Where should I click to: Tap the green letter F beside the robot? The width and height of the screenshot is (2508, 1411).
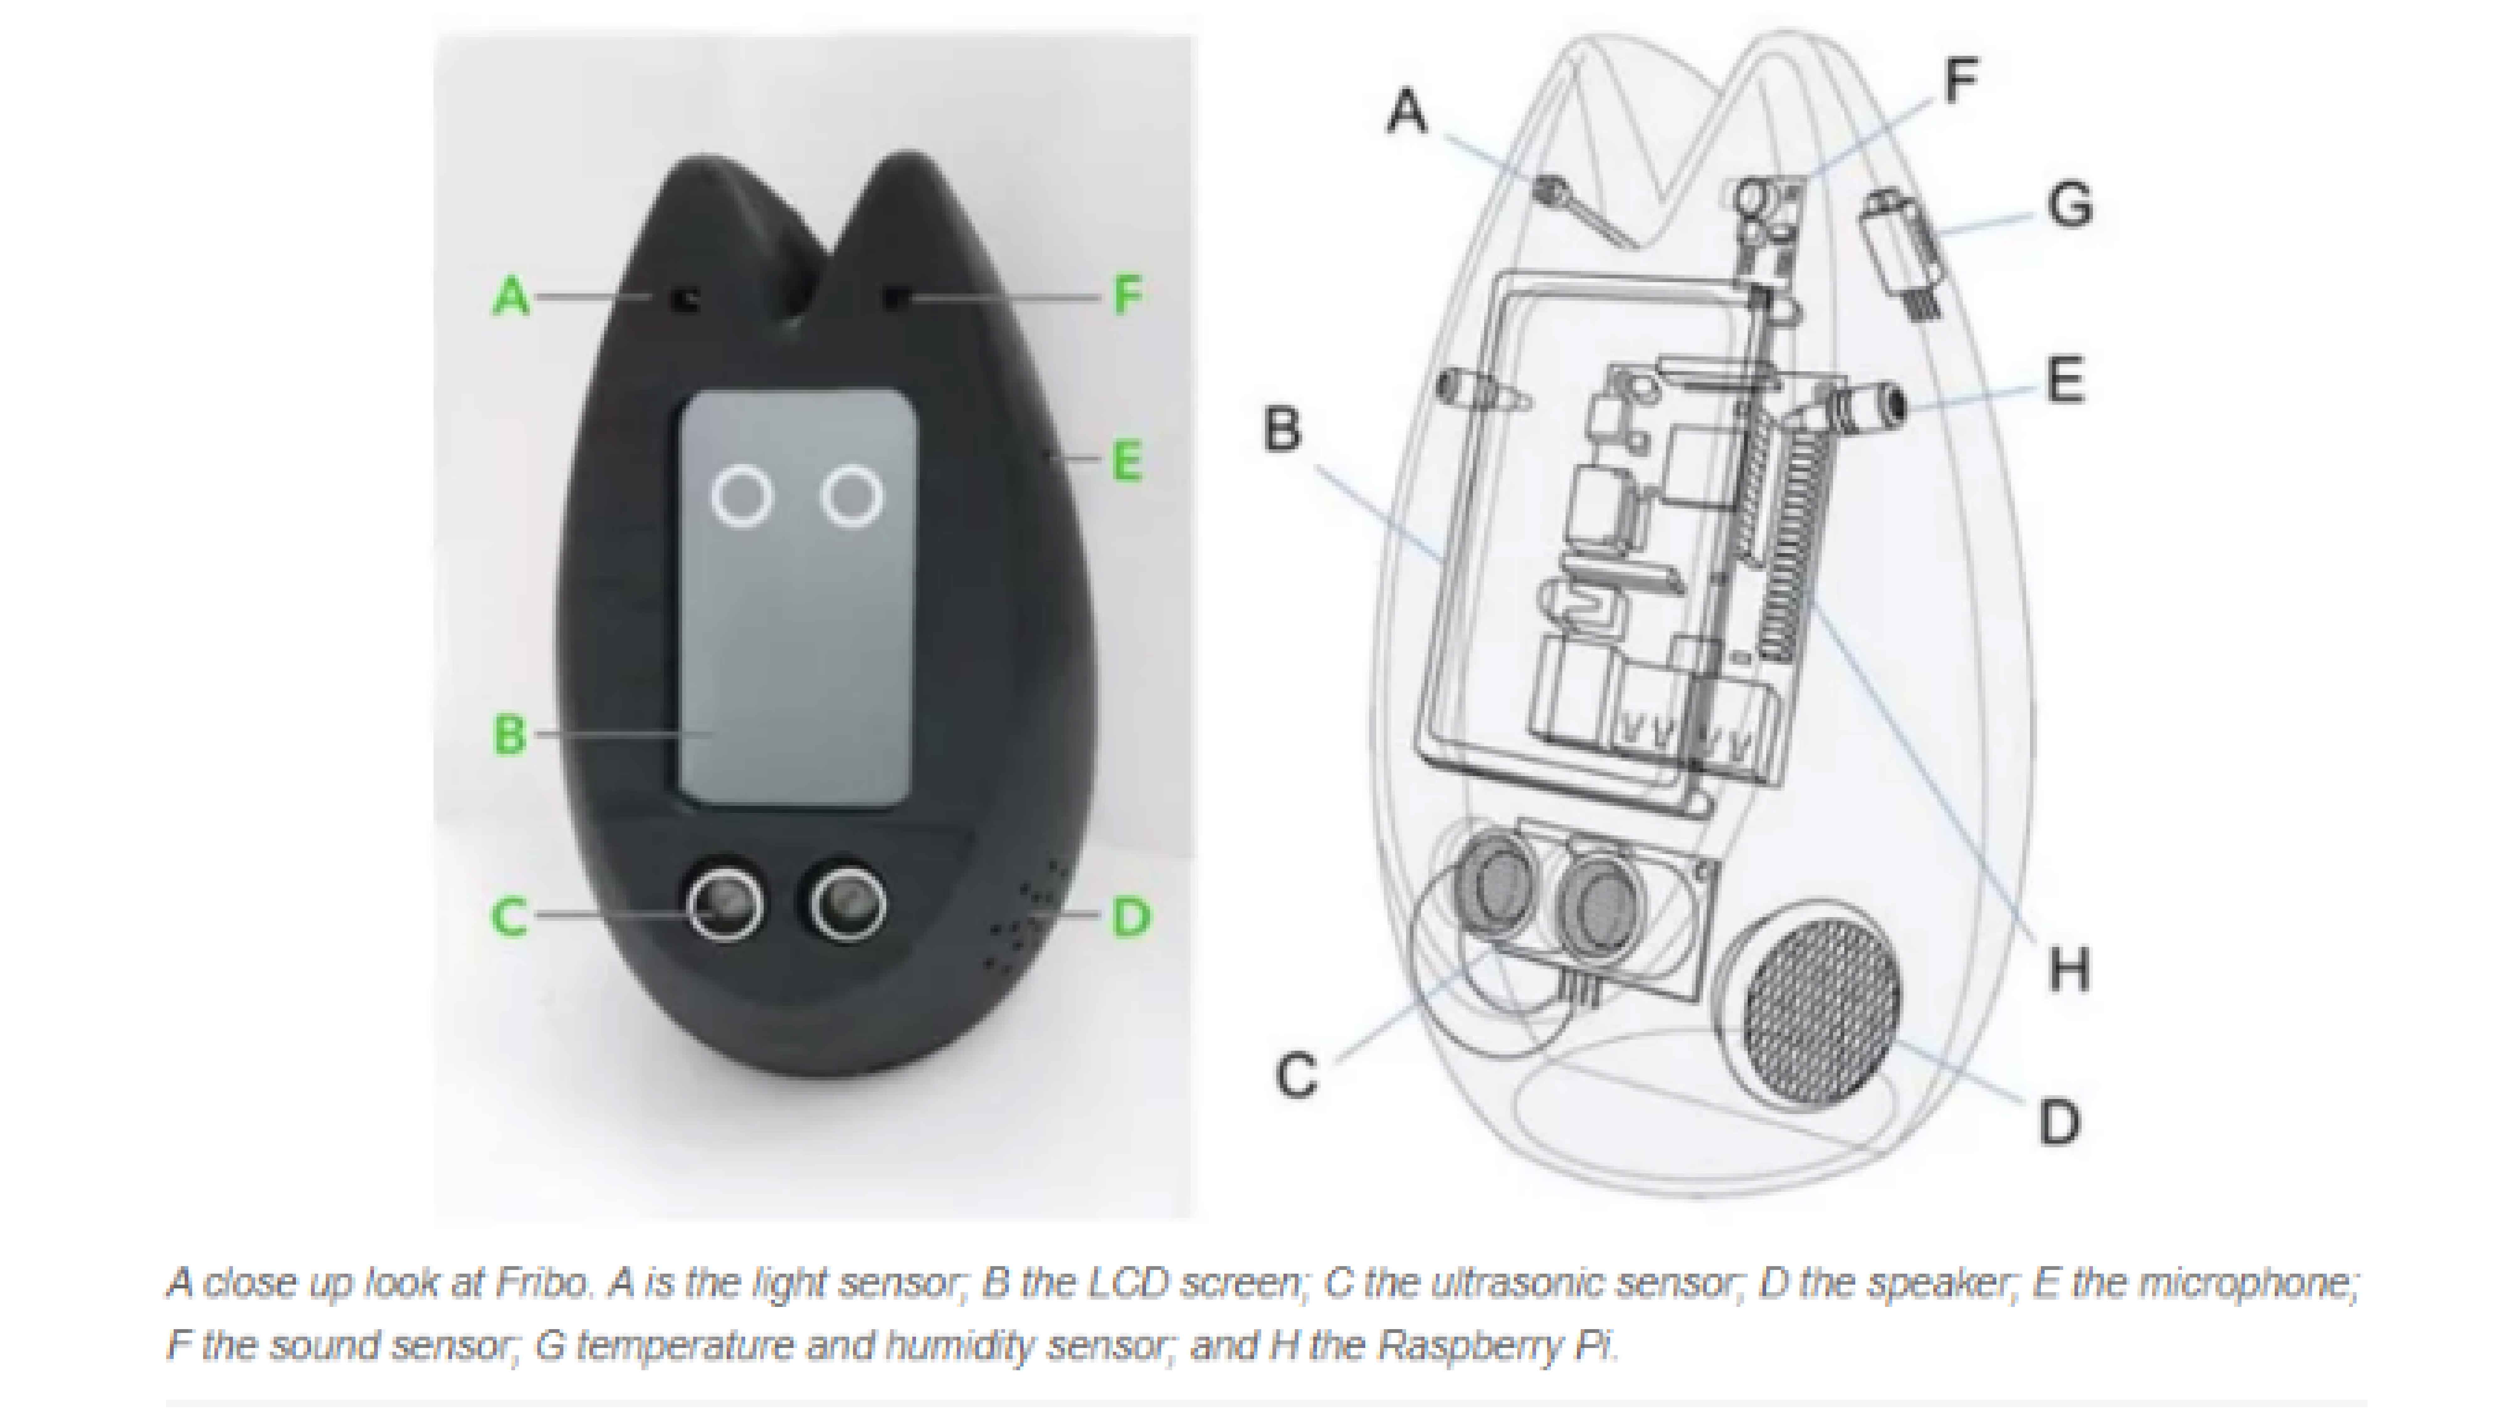pyautogui.click(x=1127, y=295)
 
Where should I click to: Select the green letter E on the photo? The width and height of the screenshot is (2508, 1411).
pyautogui.click(x=1126, y=462)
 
